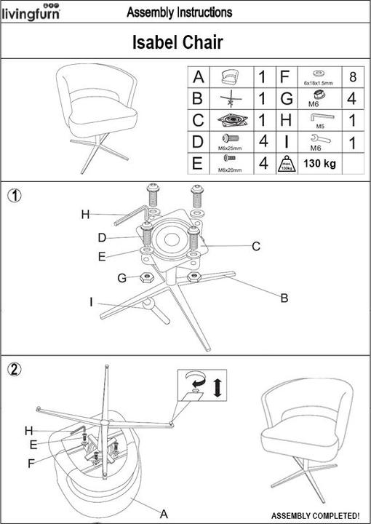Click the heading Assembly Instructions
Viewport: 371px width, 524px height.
[179, 12]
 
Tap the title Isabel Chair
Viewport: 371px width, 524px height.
[177, 43]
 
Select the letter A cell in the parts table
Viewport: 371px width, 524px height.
[198, 76]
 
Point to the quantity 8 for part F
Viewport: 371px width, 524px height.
[352, 76]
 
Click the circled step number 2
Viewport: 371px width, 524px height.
[13, 368]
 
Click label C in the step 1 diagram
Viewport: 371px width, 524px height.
[256, 247]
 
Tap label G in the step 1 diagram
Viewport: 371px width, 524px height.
[123, 277]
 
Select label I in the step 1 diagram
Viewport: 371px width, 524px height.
[91, 301]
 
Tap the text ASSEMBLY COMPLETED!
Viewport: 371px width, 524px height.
[315, 515]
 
